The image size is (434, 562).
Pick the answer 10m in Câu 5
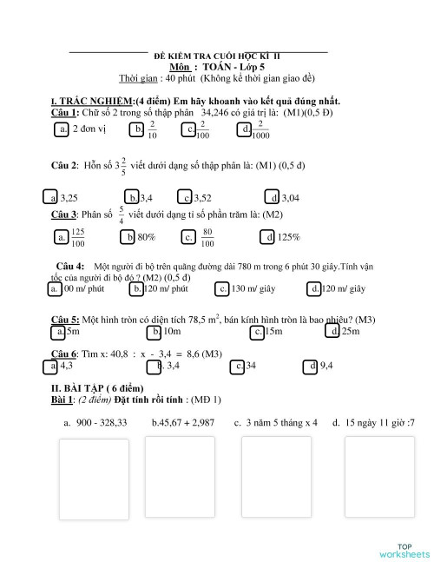pyautogui.click(x=172, y=331)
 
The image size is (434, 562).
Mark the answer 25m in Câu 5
pyautogui.click(x=350, y=331)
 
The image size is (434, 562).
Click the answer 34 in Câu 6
pyautogui.click(x=251, y=366)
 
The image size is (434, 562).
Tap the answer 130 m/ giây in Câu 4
pyautogui.click(x=253, y=288)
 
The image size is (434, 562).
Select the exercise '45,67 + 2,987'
pyautogui.click(x=182, y=422)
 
